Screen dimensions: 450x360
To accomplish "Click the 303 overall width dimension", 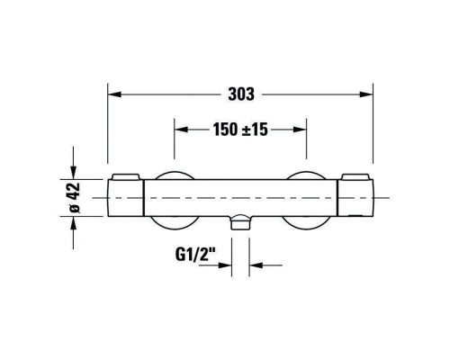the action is coord(241,94).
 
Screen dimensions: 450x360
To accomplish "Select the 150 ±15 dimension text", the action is coord(240,130).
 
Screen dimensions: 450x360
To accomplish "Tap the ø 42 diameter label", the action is coord(74,197).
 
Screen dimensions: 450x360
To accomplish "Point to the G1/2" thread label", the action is coord(195,256).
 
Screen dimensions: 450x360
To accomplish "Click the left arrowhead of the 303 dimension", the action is coord(114,94).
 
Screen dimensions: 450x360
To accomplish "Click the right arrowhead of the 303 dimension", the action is coord(366,94).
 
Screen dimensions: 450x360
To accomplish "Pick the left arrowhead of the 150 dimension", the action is coord(181,130).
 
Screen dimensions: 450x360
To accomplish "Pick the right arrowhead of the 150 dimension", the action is coord(300,130).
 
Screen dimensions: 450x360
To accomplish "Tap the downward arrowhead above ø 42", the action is coord(74,173).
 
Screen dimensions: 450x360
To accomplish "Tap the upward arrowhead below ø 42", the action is coord(74,223).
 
